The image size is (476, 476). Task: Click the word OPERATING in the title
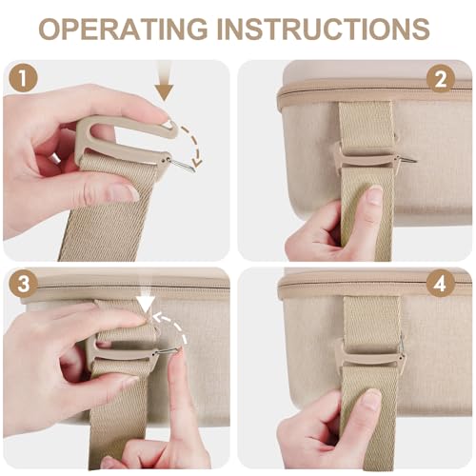pos(123,29)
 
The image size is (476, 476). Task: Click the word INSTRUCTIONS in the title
pos(323,29)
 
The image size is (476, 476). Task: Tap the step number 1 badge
pos(23,77)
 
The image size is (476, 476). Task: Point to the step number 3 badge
pos(23,284)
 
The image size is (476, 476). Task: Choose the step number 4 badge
pos(441,284)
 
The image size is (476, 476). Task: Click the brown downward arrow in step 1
pos(165,81)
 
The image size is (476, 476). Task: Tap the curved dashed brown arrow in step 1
pos(194,146)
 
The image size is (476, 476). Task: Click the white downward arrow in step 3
pos(147,302)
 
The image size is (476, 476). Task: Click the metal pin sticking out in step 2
pos(407,159)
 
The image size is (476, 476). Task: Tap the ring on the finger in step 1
pos(56,158)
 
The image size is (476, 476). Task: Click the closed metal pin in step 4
pos(402,345)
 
